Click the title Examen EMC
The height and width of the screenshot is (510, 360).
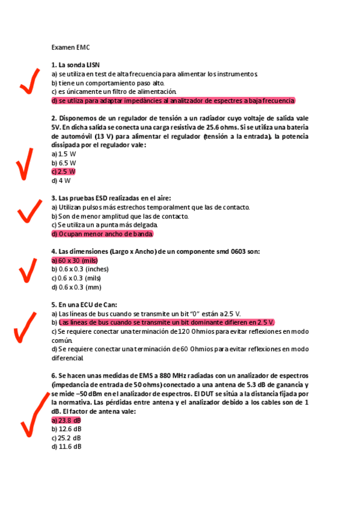coord(70,46)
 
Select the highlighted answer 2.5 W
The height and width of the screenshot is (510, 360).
coord(63,171)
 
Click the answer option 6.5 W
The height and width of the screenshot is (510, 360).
coord(64,163)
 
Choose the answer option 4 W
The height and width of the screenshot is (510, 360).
coord(61,180)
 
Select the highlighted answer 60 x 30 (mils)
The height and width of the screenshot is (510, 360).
coord(75,260)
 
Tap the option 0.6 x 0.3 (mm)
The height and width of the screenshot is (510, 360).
coord(76,287)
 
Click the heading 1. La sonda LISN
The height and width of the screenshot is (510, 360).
coord(76,64)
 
